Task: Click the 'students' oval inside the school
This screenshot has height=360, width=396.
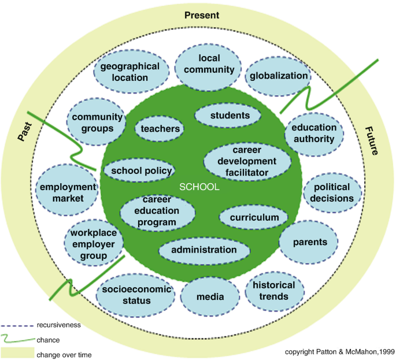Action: coord(230,116)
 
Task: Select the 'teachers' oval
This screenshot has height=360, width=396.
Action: coord(160,128)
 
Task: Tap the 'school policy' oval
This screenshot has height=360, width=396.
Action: coord(141,170)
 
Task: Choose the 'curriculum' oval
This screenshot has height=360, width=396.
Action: coord(253,217)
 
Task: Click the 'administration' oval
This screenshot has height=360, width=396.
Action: coord(204,250)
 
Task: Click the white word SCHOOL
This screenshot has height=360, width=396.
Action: coord(199,187)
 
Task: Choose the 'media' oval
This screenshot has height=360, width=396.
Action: coord(210,296)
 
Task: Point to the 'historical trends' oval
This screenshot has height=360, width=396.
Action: coord(274,291)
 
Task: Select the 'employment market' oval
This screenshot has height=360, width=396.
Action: coord(66,193)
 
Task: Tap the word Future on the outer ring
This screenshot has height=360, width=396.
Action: coord(371,142)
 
